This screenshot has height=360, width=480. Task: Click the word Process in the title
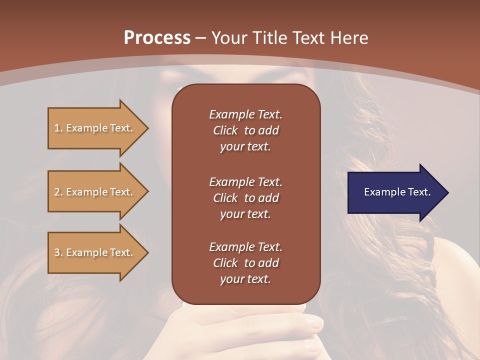pos(157,38)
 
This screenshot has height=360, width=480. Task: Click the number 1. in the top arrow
pos(58,128)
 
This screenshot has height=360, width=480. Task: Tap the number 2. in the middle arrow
pos(58,192)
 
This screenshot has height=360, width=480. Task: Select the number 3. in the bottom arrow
pos(58,252)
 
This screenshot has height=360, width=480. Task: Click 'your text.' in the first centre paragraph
pos(245,147)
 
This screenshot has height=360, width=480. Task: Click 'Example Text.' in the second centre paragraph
pos(245,182)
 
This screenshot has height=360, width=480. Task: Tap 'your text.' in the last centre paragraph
pos(245,279)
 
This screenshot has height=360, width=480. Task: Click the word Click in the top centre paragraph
pos(225,130)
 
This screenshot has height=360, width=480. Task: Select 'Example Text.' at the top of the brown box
pos(245,114)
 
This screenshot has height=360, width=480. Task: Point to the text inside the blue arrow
pos(397,192)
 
